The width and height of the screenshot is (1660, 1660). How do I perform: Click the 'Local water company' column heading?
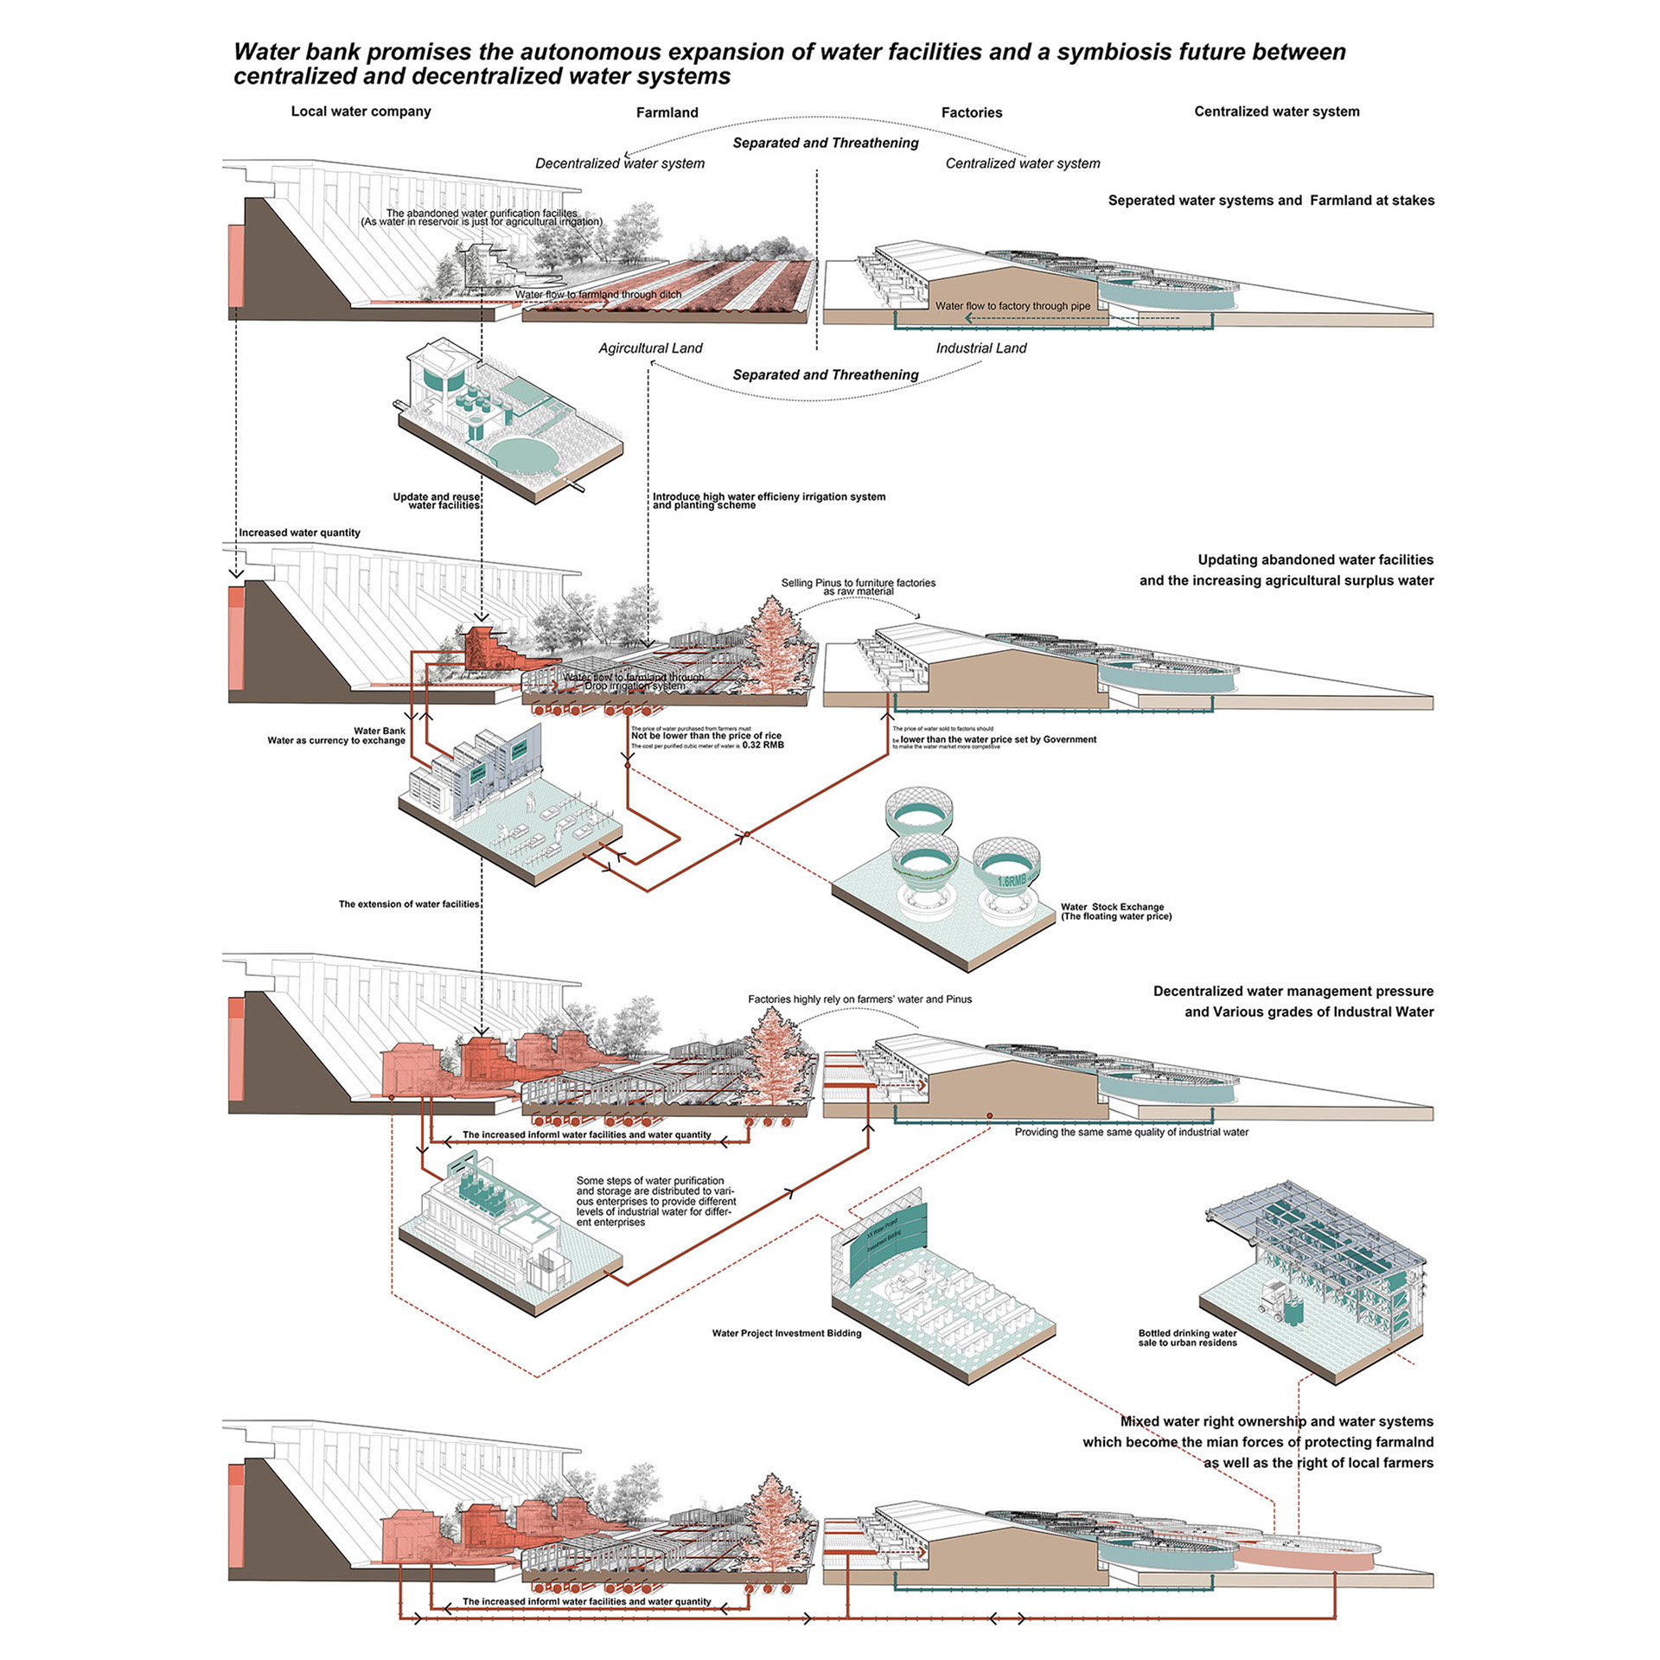pos(361,112)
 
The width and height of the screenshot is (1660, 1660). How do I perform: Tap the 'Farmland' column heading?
pos(667,112)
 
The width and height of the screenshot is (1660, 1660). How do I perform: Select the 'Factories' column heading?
pos(971,112)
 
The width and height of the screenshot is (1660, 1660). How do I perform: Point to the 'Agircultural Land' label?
pos(650,348)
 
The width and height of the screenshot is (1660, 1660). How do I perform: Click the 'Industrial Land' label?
pos(980,348)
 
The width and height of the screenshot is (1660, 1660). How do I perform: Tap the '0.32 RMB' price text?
pos(763,744)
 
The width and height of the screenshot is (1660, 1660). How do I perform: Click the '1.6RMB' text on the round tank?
pos(1012,881)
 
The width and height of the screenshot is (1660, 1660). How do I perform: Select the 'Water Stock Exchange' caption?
pos(1112,907)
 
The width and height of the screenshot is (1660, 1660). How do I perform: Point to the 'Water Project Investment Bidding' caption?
pos(786,1333)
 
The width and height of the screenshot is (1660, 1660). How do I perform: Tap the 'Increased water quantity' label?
pos(299,533)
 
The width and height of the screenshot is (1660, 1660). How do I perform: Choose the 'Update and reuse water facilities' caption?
pos(437,501)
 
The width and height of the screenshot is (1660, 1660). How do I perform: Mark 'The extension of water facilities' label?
pos(408,904)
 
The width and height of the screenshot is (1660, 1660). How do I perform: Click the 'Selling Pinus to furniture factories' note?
pos(858,584)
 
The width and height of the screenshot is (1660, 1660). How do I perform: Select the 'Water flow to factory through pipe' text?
pos(1012,306)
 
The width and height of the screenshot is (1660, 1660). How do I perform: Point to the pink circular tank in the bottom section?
pos(1306,1555)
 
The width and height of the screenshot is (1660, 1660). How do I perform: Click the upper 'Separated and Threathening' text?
pos(825,144)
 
